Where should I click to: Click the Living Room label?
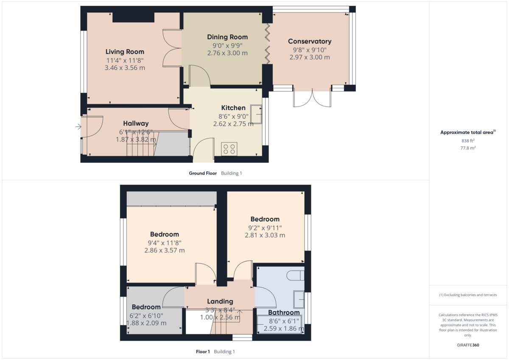125,52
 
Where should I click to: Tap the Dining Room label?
227,37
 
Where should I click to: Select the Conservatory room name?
309,42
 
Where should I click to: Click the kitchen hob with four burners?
229,149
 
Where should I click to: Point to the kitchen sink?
256,113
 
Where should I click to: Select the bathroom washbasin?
299,300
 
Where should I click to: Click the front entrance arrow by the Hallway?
78,126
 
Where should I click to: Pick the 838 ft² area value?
468,141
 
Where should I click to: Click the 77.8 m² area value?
468,148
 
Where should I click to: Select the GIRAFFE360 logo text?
468,345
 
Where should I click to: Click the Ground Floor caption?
203,173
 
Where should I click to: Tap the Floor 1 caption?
203,352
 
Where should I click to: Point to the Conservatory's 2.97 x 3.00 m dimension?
309,57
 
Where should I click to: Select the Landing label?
220,301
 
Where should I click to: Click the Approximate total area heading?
467,133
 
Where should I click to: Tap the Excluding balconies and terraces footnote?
468,295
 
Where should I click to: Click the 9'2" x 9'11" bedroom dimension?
265,228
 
